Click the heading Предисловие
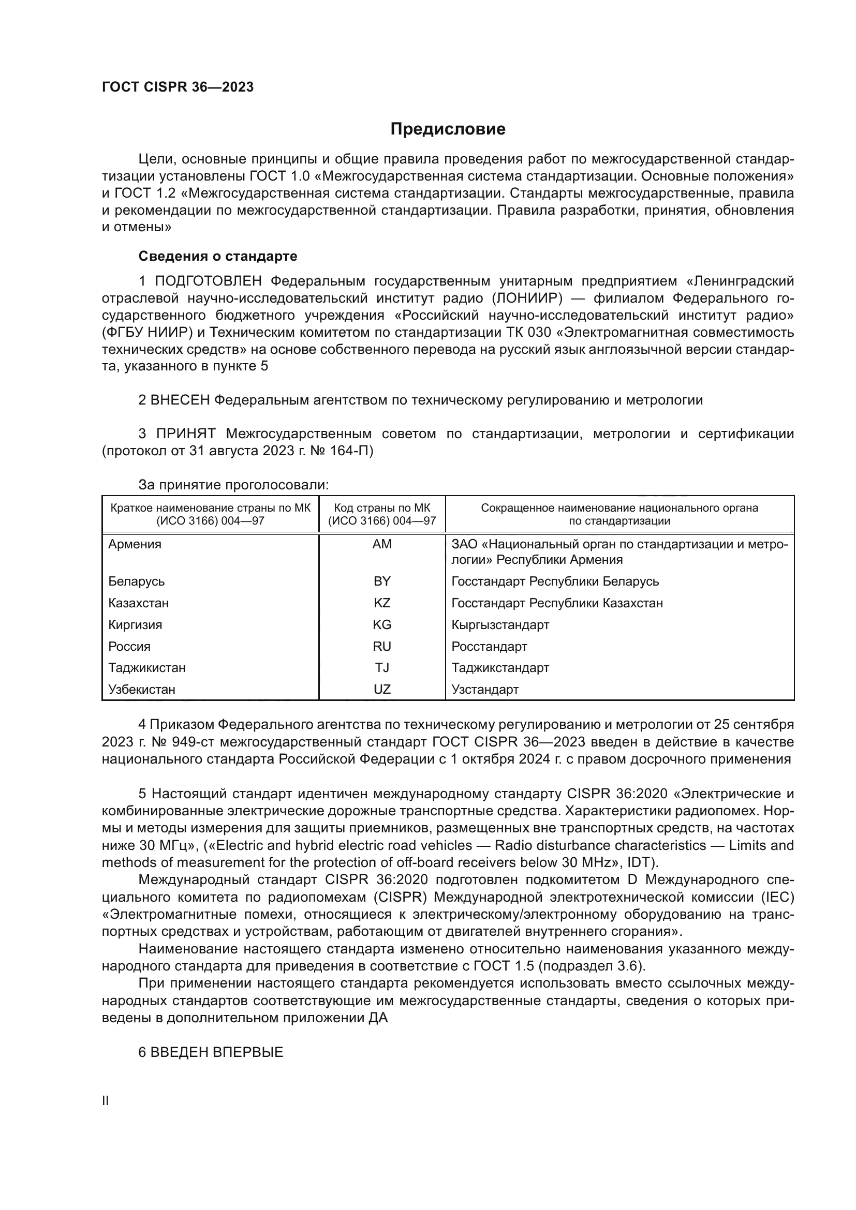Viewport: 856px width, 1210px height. [448, 129]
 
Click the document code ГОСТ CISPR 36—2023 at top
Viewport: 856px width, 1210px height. [178, 87]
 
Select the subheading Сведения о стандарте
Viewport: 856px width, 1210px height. [218, 256]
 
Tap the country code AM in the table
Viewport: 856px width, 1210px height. [381, 544]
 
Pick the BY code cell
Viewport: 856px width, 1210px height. [381, 581]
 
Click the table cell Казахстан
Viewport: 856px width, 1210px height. [138, 603]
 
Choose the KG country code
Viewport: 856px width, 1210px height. [381, 624]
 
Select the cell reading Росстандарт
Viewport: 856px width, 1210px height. [489, 646]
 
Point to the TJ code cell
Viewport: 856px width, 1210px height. [381, 668]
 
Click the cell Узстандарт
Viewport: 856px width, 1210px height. [485, 689]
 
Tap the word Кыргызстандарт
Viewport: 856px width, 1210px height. [500, 624]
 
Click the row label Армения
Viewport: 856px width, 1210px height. [135, 544]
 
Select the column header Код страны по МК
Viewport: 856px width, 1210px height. [381, 508]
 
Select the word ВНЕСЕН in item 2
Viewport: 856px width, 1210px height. [180, 400]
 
